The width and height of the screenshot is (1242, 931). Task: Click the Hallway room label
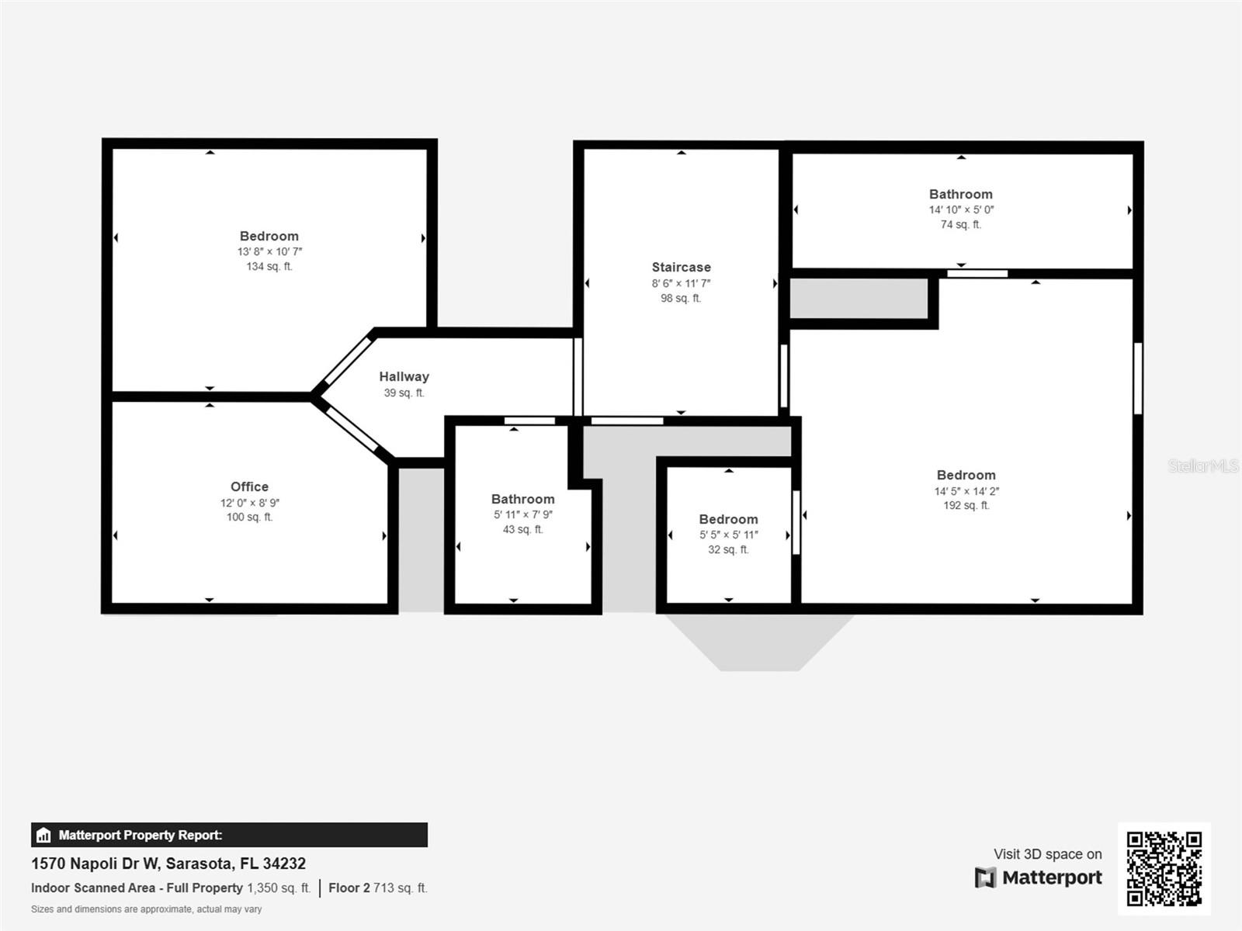coord(404,376)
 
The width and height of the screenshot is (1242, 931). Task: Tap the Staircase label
coord(681,267)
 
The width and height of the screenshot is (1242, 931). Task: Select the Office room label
coord(249,486)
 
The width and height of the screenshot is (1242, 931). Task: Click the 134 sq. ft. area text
coord(269,266)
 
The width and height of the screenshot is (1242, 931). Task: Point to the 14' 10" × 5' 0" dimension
coord(961,209)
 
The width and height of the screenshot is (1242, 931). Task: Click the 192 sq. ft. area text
coord(966,505)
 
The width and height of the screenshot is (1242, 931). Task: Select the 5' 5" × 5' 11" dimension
coord(728,535)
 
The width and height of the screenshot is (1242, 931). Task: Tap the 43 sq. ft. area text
coord(522,529)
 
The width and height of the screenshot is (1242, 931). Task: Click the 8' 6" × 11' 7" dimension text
coord(681,283)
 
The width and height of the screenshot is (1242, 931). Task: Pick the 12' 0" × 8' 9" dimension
coord(249,503)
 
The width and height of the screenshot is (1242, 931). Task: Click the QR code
coord(1164,868)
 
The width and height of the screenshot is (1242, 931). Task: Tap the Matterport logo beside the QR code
coord(1039,877)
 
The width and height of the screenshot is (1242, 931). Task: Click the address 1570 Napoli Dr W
coord(168,864)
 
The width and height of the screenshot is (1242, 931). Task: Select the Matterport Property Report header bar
coord(229,835)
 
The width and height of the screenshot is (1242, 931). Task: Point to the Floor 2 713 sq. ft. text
coord(377,888)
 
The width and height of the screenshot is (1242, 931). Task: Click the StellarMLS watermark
coord(1203,465)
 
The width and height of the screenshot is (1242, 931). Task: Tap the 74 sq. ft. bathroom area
coord(961,224)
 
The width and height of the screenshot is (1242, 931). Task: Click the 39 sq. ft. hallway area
coord(404,393)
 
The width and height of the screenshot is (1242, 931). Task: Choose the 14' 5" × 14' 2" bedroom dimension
coord(966,491)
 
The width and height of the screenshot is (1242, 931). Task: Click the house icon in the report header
coord(43,836)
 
